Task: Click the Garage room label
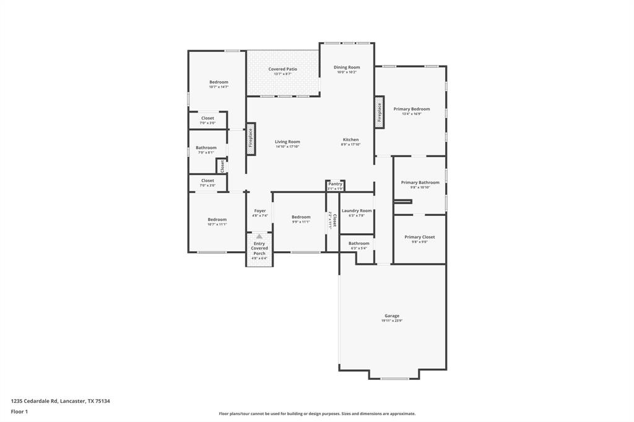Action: click(x=392, y=316)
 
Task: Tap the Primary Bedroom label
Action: click(x=412, y=109)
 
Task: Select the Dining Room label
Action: click(x=347, y=67)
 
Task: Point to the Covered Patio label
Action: click(x=282, y=69)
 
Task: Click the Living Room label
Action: click(x=287, y=142)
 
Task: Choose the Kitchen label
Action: click(x=350, y=139)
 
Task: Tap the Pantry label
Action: click(x=335, y=184)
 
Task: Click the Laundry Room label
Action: click(x=357, y=210)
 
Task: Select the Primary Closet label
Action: click(x=420, y=237)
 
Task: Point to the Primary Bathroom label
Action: click(x=420, y=183)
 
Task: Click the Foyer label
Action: click(x=260, y=210)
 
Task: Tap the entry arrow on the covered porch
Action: click(x=259, y=236)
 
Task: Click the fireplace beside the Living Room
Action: click(x=251, y=139)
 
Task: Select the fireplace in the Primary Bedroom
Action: click(x=380, y=112)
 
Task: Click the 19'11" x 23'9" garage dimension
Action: click(x=392, y=321)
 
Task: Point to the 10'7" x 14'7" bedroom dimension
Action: click(x=219, y=87)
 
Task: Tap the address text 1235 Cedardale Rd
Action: click(x=35, y=401)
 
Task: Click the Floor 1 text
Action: click(x=20, y=411)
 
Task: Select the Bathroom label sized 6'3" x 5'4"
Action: click(x=358, y=243)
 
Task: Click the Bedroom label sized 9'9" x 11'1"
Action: click(x=301, y=217)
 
